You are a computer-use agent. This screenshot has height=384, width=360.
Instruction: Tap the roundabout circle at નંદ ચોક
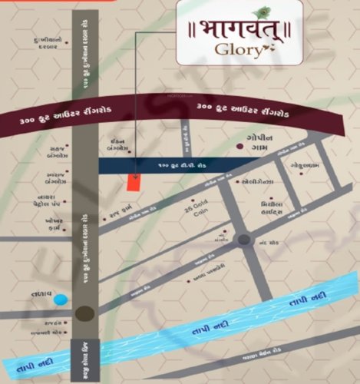pyautogui.click(x=244, y=240)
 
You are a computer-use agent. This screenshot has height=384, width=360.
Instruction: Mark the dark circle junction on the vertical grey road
pyautogui.click(x=85, y=313)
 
